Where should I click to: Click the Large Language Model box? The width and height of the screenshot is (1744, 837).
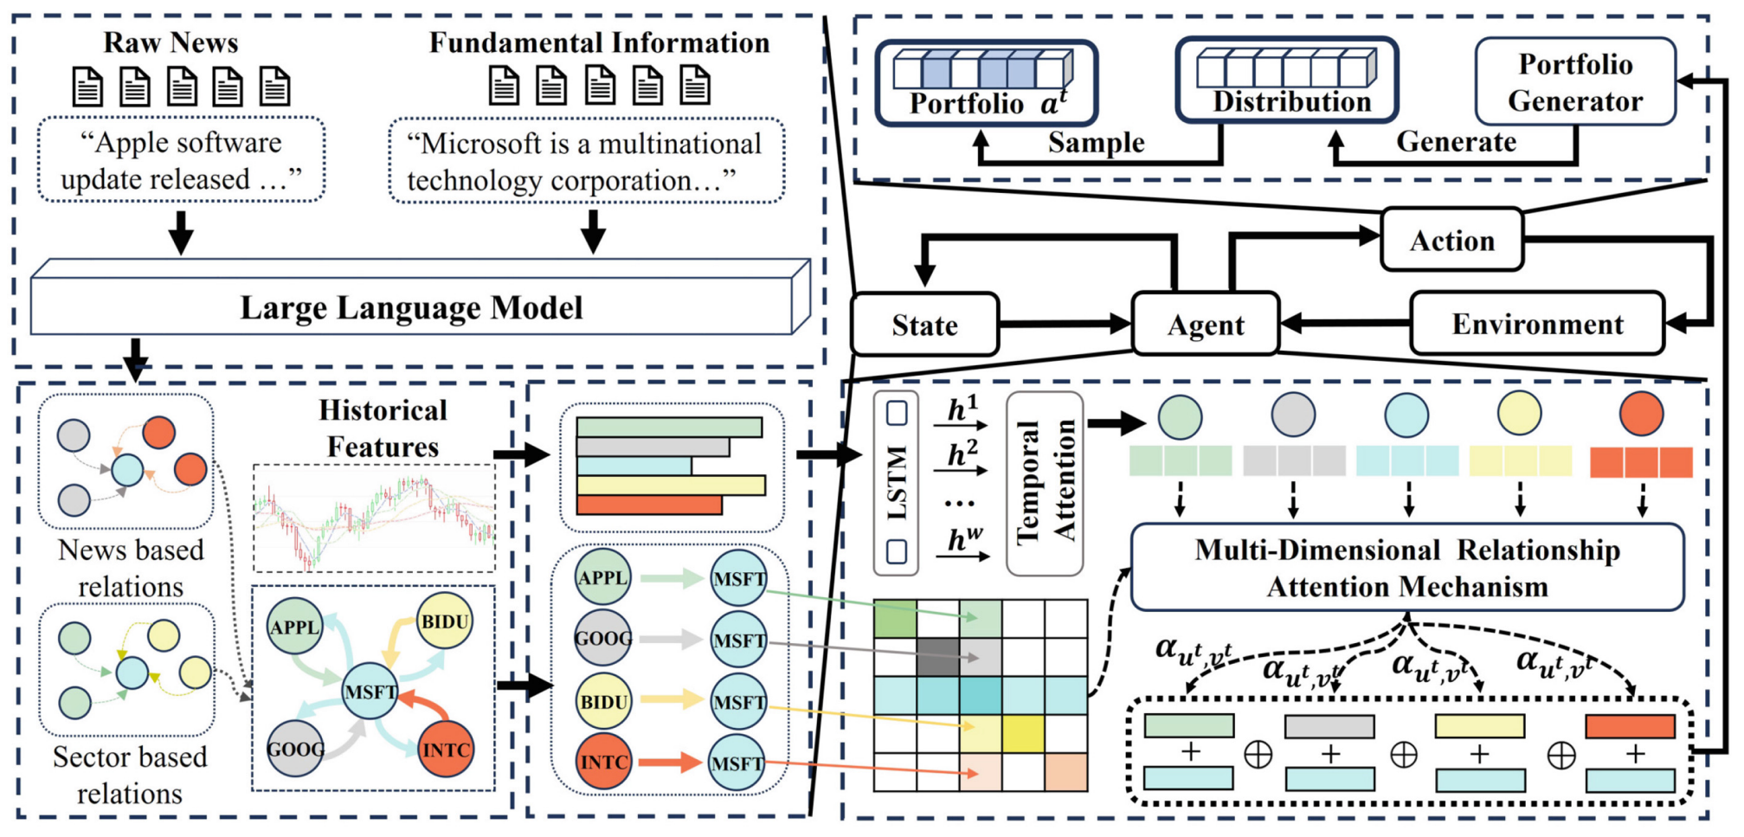point(412,307)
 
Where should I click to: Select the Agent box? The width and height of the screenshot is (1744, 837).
point(1206,325)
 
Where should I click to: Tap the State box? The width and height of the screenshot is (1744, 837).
point(924,325)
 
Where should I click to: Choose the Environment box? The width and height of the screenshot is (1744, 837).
point(1537,324)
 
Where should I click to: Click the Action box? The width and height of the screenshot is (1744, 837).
point(1452,240)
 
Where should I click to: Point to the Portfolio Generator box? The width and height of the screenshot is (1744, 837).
point(1575,82)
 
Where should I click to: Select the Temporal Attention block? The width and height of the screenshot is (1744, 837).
point(1045,483)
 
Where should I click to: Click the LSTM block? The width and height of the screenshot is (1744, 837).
point(896,483)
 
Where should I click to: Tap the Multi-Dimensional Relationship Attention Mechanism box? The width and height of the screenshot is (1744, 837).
point(1407,568)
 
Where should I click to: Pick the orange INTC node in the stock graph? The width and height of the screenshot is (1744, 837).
point(446,749)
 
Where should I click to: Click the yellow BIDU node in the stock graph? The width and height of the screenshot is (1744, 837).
point(445,621)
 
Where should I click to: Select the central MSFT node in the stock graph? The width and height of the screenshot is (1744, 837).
point(370,692)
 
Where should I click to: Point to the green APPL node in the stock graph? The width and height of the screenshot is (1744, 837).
point(294,627)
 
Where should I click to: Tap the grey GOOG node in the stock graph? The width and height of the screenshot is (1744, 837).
point(295,749)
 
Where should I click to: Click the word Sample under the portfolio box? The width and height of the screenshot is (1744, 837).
point(1096,142)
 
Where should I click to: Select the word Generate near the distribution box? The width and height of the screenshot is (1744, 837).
point(1456,141)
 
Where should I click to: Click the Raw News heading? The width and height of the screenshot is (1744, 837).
point(171,42)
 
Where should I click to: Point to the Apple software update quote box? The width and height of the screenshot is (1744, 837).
point(181,161)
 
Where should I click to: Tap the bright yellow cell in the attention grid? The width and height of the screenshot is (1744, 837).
point(1023,734)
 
